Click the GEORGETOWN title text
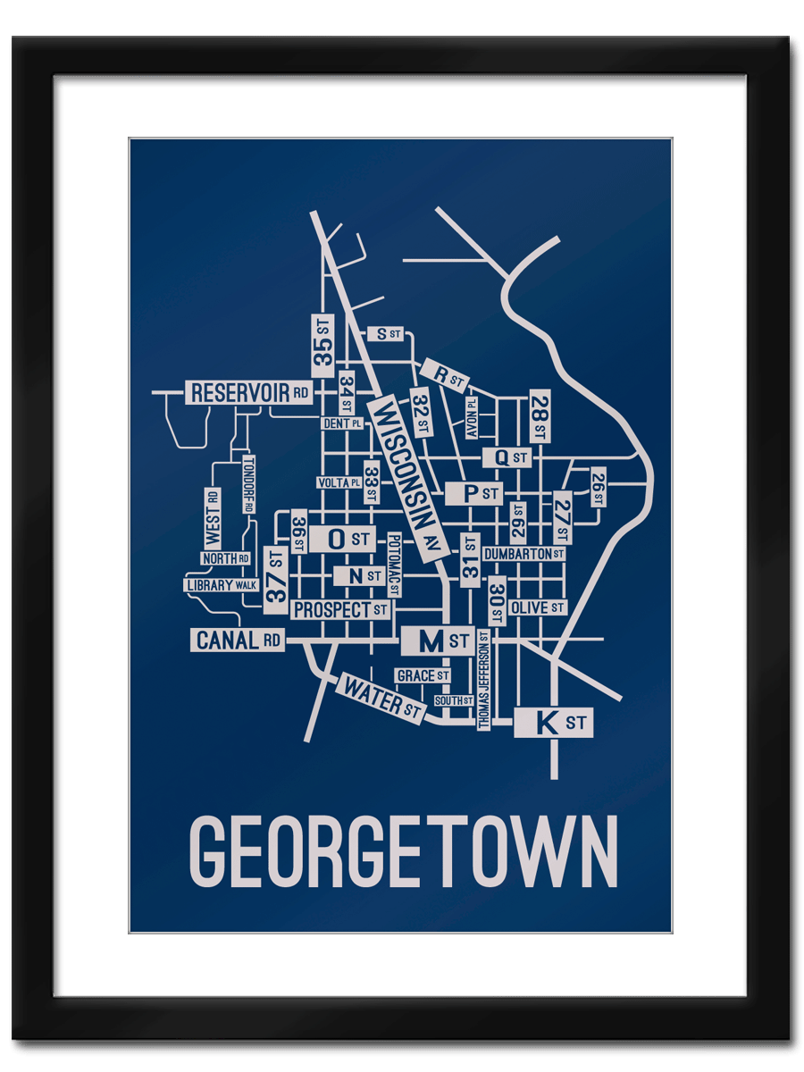[403, 850]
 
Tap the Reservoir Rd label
[249, 392]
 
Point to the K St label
[553, 722]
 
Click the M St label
[438, 641]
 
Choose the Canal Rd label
[238, 640]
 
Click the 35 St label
[322, 344]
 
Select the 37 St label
[276, 580]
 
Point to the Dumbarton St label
[523, 554]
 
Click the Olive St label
[537, 607]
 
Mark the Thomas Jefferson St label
[483, 679]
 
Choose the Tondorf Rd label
[248, 484]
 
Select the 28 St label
[539, 415]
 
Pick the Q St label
[507, 457]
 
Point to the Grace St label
[423, 675]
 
